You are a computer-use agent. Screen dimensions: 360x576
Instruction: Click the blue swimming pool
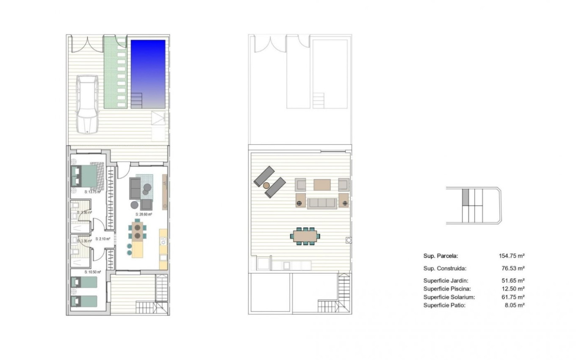148,68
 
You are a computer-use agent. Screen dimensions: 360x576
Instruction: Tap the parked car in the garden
88,103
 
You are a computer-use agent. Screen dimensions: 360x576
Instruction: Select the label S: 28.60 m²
144,214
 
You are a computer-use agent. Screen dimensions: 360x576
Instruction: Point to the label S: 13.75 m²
92,192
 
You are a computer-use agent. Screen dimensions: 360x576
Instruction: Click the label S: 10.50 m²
92,272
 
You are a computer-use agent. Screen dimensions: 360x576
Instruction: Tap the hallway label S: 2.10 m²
103,239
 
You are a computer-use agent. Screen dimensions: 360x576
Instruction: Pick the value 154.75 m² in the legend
512,256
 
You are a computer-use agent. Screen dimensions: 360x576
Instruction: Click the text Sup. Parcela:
440,256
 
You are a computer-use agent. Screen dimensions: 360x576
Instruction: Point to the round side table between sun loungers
266,185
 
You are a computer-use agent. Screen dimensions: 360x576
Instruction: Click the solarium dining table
305,235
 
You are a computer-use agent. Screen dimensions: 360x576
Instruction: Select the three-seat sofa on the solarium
322,203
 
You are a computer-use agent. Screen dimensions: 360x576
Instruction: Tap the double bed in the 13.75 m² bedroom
87,175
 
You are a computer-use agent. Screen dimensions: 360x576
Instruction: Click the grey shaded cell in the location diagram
465,197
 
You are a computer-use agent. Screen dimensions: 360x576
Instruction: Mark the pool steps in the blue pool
137,101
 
